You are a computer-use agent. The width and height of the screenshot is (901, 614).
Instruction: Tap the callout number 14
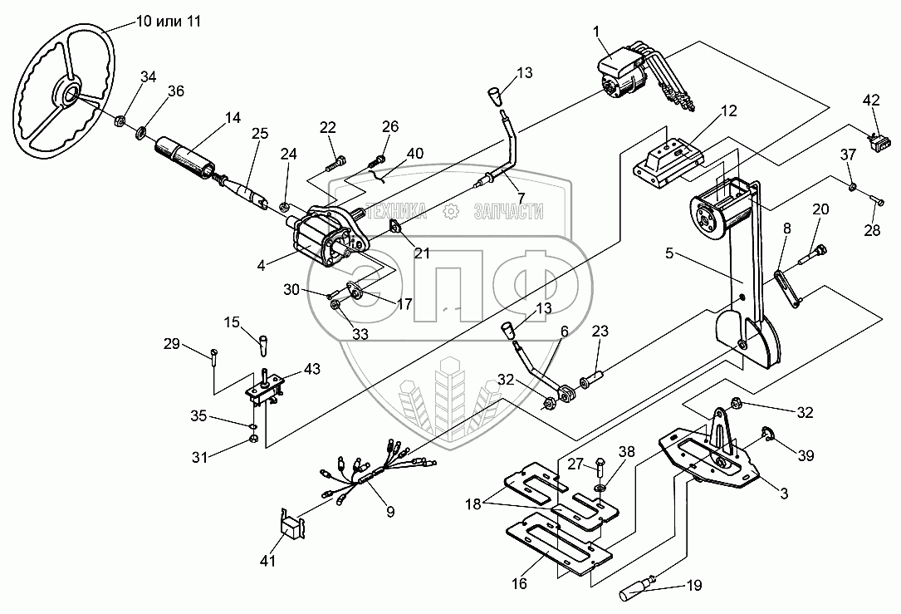[233, 119]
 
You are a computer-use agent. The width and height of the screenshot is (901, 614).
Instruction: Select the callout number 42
[870, 101]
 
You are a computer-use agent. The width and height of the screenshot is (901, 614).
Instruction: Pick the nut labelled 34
[120, 122]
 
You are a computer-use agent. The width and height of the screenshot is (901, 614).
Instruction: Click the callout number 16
[519, 583]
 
